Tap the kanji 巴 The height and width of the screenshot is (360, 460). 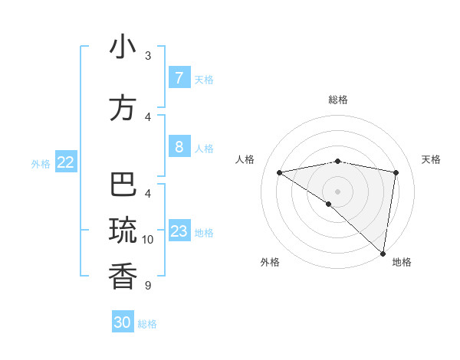coord(123,185)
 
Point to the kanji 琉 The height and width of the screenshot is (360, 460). coord(123,230)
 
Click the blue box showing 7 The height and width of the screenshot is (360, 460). coord(179,78)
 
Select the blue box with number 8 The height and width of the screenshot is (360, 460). coord(179,147)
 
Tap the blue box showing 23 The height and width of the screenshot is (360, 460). coord(179,231)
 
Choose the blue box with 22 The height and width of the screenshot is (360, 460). coord(66,162)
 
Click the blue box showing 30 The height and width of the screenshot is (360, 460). coord(123,322)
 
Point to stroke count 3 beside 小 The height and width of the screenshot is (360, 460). coord(148,56)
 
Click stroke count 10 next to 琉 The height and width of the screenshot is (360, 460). coord(148,240)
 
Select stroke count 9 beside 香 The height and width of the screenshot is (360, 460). coord(148,286)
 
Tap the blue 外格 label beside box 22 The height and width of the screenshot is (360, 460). coord(40,163)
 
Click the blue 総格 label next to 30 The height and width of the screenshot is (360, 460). coord(147,324)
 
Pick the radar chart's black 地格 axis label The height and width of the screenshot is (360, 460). coord(402,262)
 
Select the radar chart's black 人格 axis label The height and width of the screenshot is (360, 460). coord(245,159)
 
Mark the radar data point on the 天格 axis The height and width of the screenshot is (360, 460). coord(396,172)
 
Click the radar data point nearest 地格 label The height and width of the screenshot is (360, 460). coord(383,253)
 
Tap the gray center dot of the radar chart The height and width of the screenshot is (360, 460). coord(337,191)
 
